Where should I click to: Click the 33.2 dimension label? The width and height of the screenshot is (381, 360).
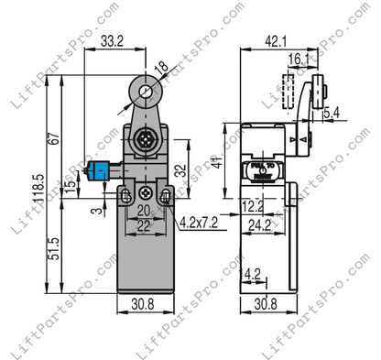[x=113, y=66]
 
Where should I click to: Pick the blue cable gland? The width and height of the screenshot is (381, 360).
[x=94, y=169]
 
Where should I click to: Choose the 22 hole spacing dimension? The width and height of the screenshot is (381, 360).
[x=144, y=225]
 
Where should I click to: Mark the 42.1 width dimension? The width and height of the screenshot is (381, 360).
[x=276, y=40]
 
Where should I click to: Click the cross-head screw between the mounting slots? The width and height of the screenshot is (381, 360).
[x=144, y=193]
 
